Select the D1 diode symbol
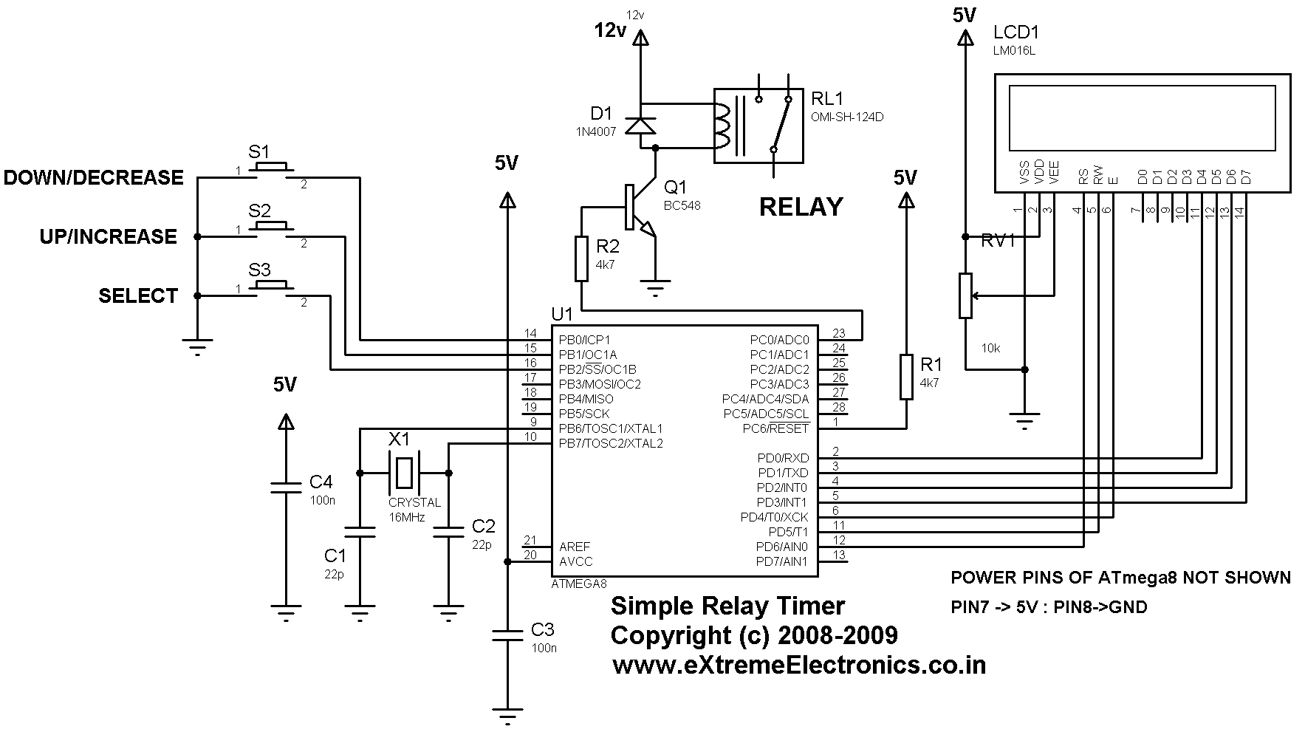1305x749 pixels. click(640, 125)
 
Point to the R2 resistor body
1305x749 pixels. click(582, 259)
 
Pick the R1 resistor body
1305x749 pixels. click(906, 377)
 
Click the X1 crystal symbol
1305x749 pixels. click(403, 473)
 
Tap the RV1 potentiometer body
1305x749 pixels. click(965, 295)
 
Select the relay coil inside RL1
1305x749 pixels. click(720, 125)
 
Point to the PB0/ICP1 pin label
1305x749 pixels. click(584, 340)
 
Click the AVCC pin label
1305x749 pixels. click(575, 561)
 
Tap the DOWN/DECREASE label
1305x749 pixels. click(93, 177)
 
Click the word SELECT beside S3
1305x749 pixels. click(138, 295)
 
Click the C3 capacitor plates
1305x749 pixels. click(507, 635)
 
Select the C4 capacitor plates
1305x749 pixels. click(286, 487)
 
